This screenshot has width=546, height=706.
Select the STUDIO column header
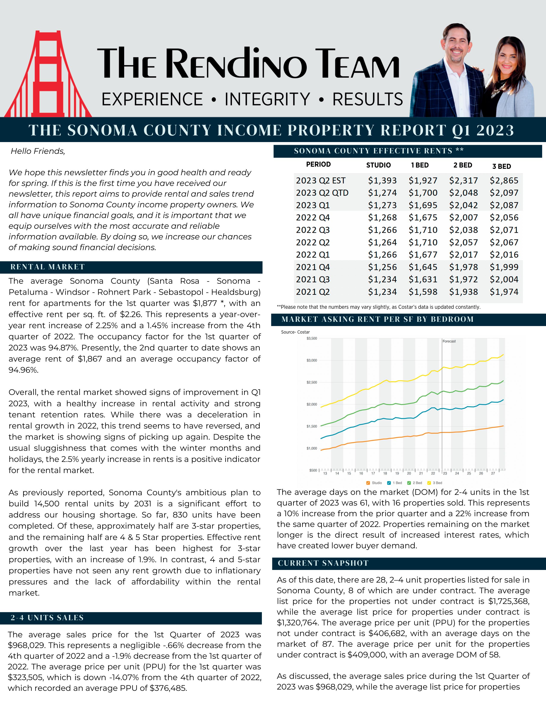point(378,165)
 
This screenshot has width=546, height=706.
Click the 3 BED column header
point(501,166)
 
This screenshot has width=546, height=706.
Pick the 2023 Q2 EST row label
point(321,180)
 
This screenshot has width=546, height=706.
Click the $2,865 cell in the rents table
point(504,180)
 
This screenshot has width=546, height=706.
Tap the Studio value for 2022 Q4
point(382,218)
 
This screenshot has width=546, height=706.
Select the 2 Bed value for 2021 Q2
point(463,292)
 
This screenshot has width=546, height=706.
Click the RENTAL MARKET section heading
point(48,267)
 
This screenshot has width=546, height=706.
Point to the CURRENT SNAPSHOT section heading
point(323,563)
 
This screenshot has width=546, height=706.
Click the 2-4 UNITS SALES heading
point(47,618)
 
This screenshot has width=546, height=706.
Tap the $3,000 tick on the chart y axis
point(312,360)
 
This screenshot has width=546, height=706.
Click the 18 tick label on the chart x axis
point(385,473)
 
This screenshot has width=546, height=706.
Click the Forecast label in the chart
point(449,341)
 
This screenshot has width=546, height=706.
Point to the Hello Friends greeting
point(38,151)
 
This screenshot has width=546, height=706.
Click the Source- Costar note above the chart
point(295,332)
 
